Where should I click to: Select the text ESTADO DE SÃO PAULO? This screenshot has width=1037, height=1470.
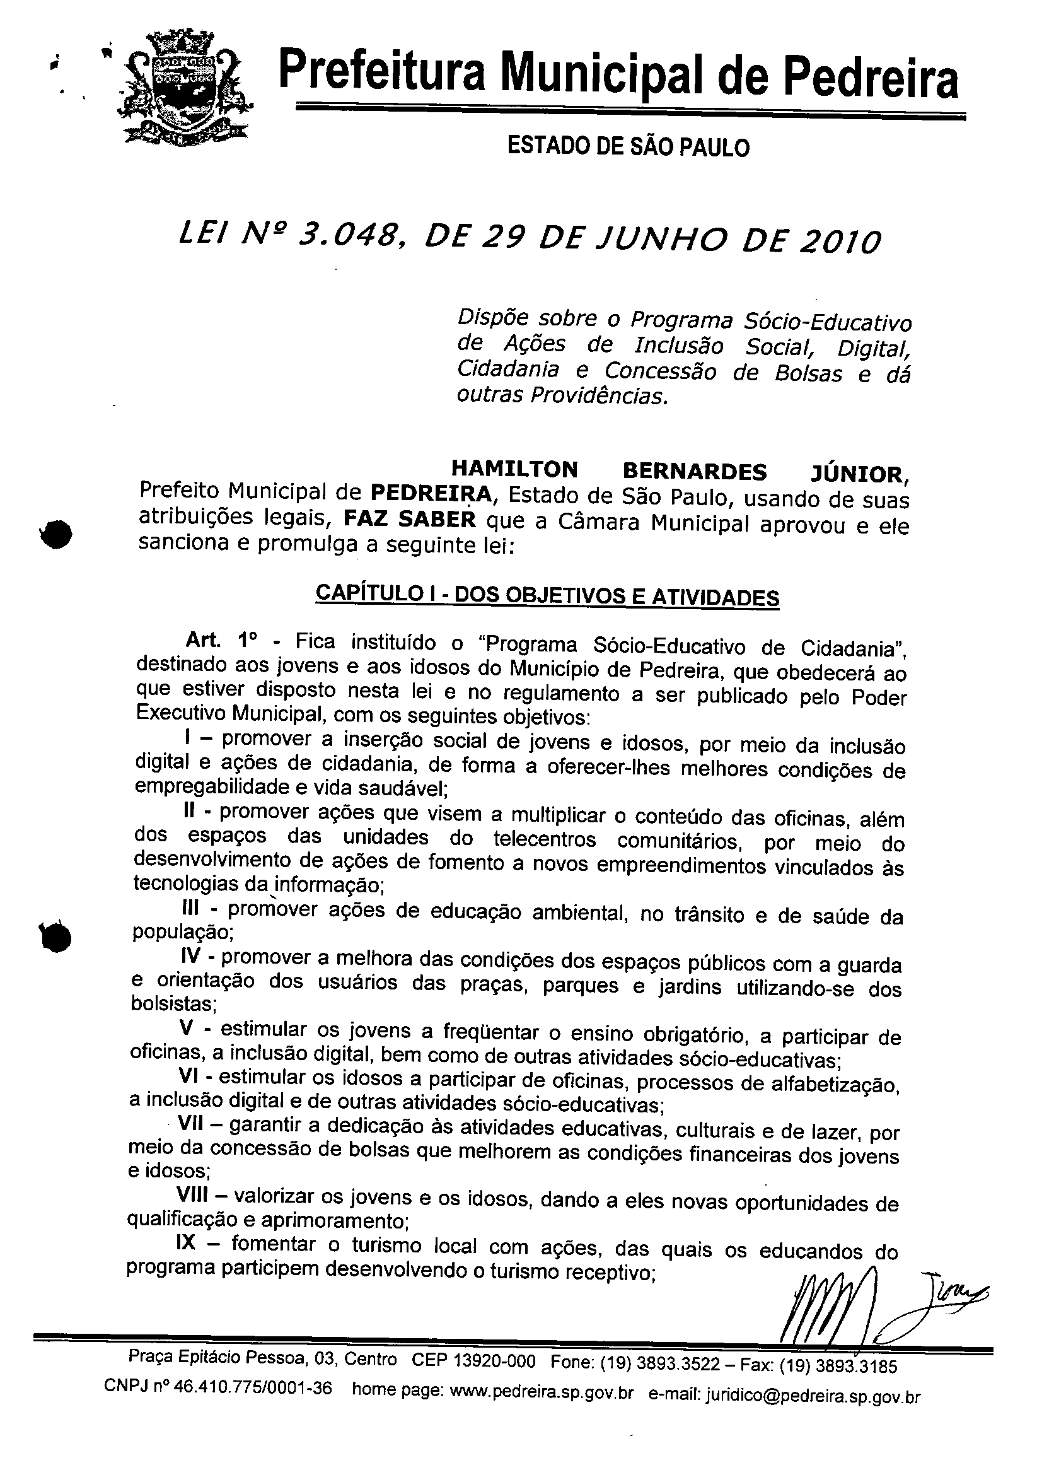[x=627, y=148]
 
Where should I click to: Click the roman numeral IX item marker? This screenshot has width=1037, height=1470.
[x=190, y=1244]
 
